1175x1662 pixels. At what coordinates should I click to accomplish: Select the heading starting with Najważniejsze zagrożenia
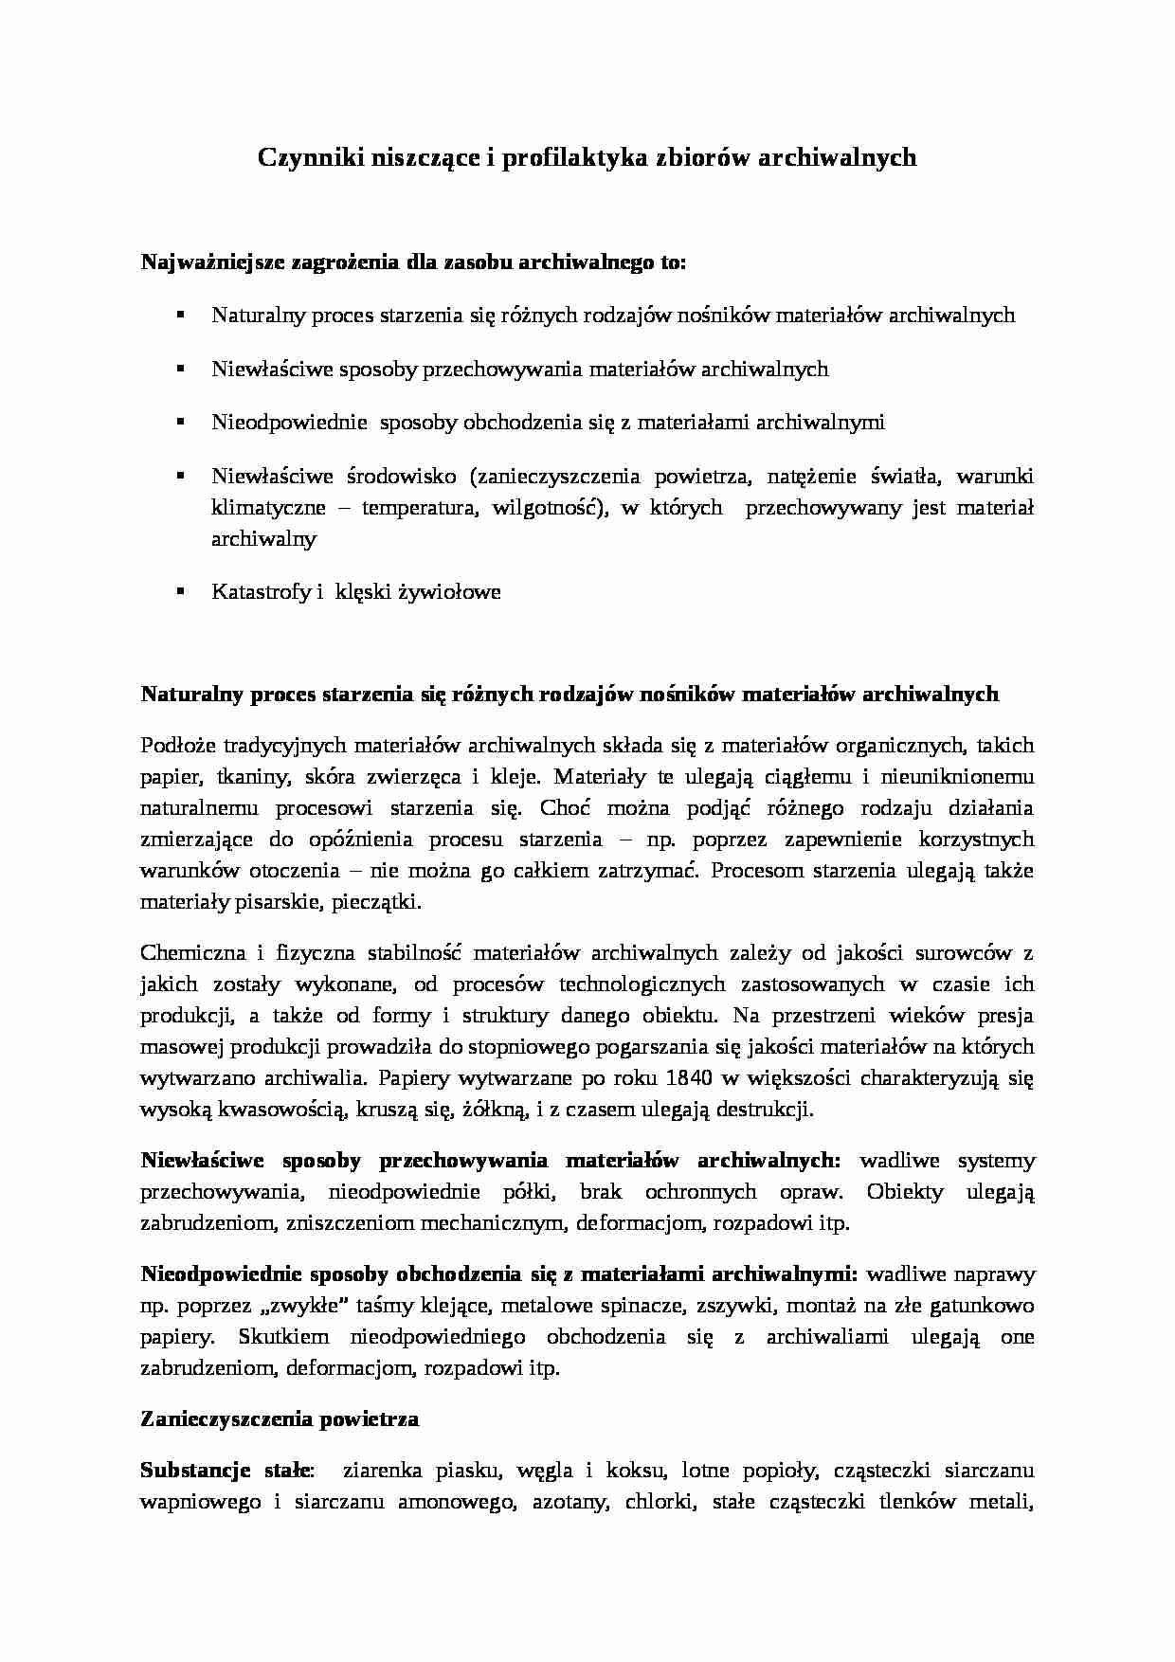click(412, 262)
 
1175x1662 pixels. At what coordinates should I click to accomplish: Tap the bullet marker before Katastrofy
click(179, 590)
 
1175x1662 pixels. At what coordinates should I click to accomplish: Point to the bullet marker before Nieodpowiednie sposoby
click(179, 421)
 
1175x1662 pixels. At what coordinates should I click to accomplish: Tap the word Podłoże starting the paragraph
click(176, 746)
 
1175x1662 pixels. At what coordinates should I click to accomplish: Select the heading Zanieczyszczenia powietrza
click(280, 1419)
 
